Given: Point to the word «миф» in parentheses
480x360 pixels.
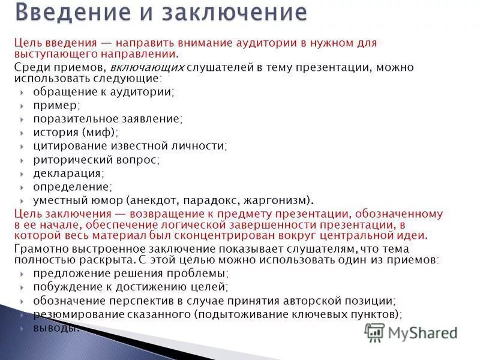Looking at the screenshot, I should point(100,132).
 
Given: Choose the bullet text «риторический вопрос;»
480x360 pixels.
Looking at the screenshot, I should point(97,160).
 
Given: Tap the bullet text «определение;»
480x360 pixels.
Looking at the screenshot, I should point(73,187).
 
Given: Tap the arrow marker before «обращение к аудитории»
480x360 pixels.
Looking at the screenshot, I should point(22,92).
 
